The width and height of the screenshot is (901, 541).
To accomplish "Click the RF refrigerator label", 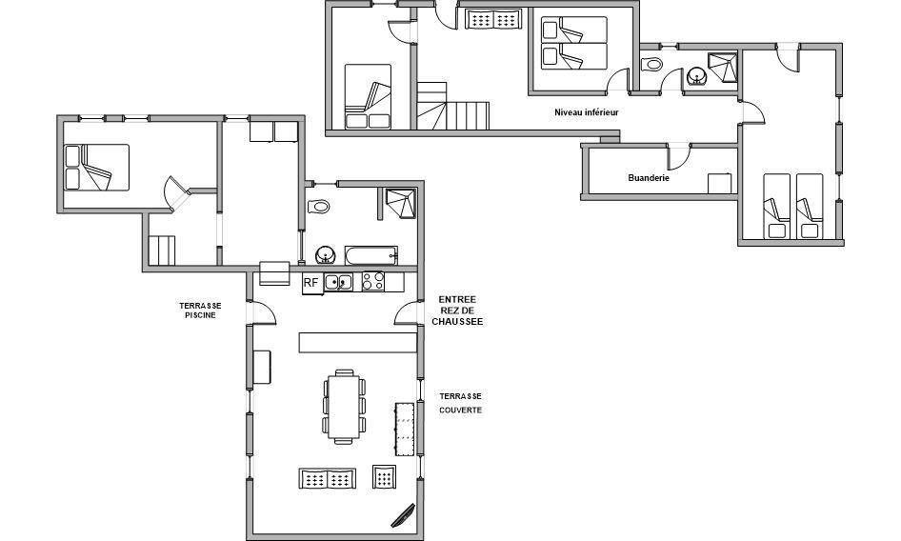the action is coord(310,282).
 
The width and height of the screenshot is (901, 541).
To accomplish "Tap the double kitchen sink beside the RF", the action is coord(338,282).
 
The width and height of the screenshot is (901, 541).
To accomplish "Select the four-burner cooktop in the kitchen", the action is coord(373,281).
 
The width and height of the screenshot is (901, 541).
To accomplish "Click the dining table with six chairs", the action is coord(344,407).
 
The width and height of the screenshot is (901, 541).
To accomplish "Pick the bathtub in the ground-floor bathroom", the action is coord(371,255).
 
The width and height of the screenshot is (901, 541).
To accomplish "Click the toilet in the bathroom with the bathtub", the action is coord(318,206).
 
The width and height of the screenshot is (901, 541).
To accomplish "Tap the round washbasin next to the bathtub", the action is coord(325,254).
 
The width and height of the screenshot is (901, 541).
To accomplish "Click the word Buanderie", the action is coord(649,178).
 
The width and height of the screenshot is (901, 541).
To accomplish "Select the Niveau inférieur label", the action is coord(587,112).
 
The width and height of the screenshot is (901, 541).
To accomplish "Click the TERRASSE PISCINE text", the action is coord(201,311).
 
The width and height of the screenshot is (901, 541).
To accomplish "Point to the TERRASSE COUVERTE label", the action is coord(461,403).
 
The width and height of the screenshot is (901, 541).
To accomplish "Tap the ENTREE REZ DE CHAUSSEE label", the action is coord(457,311).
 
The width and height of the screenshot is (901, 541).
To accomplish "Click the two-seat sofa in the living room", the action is coord(327,478).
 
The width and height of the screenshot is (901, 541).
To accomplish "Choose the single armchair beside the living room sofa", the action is coord(385,476).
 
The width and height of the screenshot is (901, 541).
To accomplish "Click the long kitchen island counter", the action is coord(357,342).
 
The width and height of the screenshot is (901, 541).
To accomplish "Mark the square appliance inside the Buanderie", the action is coord(719,184).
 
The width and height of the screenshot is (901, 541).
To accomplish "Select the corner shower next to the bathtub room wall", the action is coord(400,204).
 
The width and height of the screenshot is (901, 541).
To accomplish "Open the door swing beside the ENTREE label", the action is coord(406,312).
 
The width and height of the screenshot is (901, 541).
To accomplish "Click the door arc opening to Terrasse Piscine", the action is coord(265,312).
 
